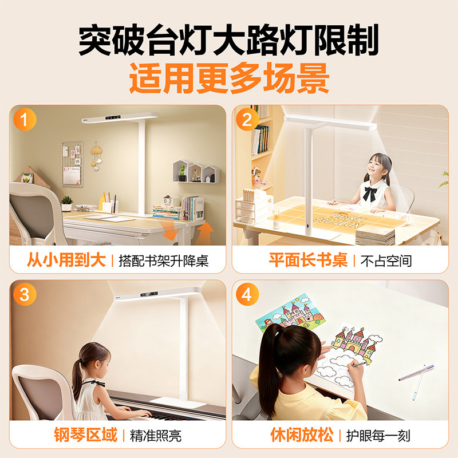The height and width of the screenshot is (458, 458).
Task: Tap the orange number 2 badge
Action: click(247, 121)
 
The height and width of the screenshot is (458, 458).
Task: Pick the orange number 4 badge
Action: click(247, 295)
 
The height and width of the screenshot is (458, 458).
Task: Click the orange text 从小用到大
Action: click(66, 260)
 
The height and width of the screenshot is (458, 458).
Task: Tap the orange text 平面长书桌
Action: click(309, 260)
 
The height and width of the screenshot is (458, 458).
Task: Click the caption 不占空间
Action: click(386, 261)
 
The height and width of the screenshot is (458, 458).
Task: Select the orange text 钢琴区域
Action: click(86, 435)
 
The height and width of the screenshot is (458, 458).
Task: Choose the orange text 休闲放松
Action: click(301, 435)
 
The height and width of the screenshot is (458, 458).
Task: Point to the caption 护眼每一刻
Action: click(378, 436)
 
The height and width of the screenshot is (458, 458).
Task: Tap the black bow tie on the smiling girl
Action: click(369, 193)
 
